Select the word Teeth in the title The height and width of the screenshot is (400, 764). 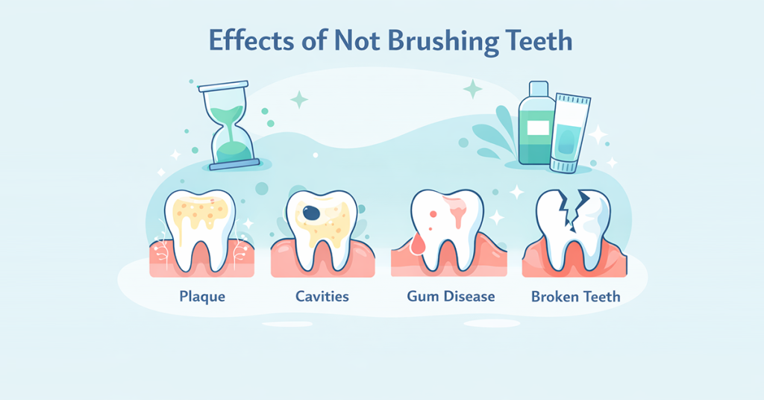click(536, 40)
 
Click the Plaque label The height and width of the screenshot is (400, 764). click(202, 296)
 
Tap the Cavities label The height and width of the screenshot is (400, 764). click(322, 296)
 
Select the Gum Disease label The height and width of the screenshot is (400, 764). click(451, 296)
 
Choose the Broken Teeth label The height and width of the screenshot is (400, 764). click(575, 296)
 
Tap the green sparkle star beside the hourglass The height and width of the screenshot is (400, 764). click(298, 99)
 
